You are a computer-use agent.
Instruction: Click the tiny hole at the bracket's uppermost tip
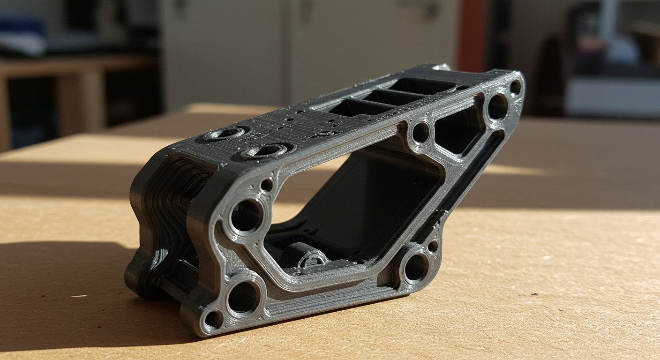(x=515, y=87)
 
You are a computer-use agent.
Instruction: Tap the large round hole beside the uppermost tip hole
(x=497, y=107)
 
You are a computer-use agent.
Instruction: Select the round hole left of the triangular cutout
(x=420, y=133)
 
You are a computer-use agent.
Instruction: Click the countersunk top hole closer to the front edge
(x=265, y=151)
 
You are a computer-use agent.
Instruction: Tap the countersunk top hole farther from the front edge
(x=227, y=134)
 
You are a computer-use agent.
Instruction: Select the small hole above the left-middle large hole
(x=267, y=185)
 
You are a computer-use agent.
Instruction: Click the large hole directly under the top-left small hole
(x=246, y=216)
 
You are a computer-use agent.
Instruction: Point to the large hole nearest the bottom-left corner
(x=243, y=297)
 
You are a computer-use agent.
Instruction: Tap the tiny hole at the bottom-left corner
(x=213, y=319)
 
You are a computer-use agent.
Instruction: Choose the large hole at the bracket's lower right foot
(x=414, y=267)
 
